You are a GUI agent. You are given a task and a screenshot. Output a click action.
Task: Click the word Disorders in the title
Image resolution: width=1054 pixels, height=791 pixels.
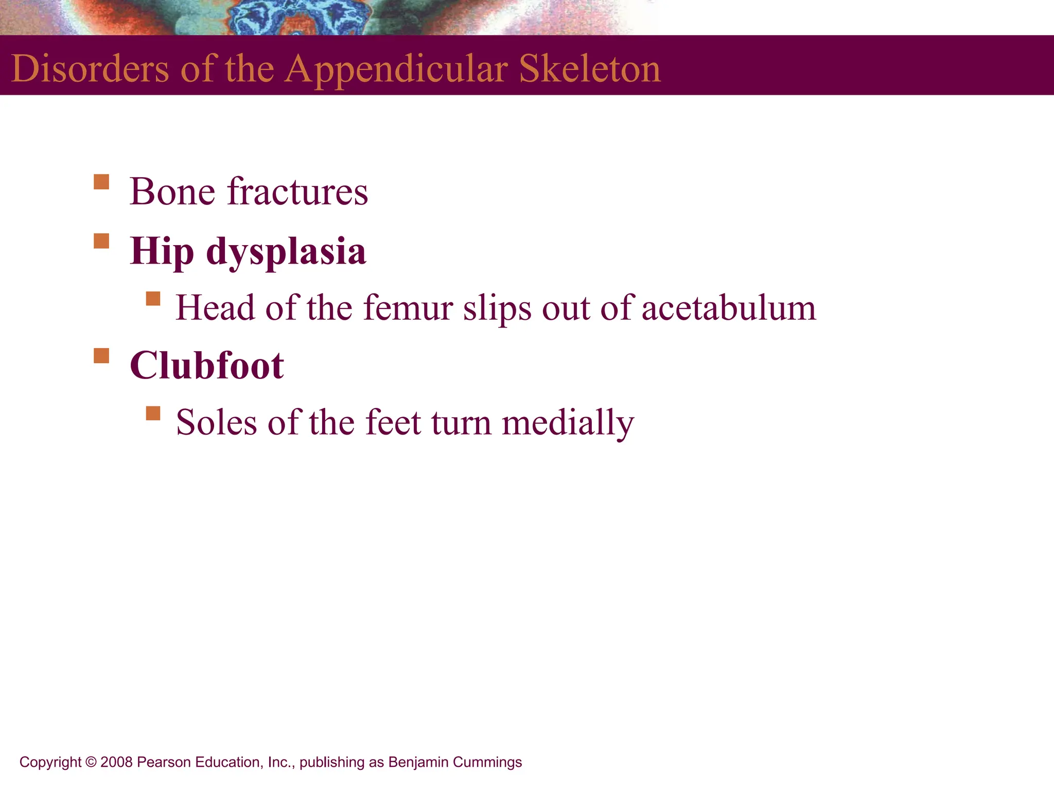[90, 68]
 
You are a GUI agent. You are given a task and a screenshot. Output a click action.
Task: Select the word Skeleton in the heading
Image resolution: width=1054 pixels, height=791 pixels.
[590, 68]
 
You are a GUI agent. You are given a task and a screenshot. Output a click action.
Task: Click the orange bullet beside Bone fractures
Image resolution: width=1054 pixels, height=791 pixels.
[101, 182]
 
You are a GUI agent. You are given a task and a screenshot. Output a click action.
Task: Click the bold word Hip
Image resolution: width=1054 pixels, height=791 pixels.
[162, 252]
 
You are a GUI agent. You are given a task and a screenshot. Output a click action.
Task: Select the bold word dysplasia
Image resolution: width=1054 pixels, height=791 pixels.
[286, 252]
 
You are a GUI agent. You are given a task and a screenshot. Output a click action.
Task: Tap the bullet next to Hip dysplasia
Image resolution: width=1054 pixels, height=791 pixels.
[101, 241]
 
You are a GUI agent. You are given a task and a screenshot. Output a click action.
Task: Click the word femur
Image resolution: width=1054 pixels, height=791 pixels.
[407, 308]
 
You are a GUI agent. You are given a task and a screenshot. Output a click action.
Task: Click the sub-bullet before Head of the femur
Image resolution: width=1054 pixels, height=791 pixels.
[153, 299]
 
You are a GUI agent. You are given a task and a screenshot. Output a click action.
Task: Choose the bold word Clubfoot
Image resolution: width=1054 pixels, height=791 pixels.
[206, 366]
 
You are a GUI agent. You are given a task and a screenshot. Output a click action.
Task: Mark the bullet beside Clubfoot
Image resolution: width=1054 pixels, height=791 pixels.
[101, 356]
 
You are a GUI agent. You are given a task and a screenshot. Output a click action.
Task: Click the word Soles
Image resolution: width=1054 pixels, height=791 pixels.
[216, 423]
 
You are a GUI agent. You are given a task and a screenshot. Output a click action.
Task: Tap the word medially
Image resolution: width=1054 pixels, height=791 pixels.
[568, 423]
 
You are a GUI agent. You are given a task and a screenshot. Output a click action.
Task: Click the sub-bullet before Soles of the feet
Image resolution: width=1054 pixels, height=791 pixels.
[153, 414]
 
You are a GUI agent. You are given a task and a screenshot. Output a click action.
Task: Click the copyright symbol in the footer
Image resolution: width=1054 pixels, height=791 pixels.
[91, 762]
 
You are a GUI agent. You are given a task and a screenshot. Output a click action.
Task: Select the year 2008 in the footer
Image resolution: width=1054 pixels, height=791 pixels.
[116, 762]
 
